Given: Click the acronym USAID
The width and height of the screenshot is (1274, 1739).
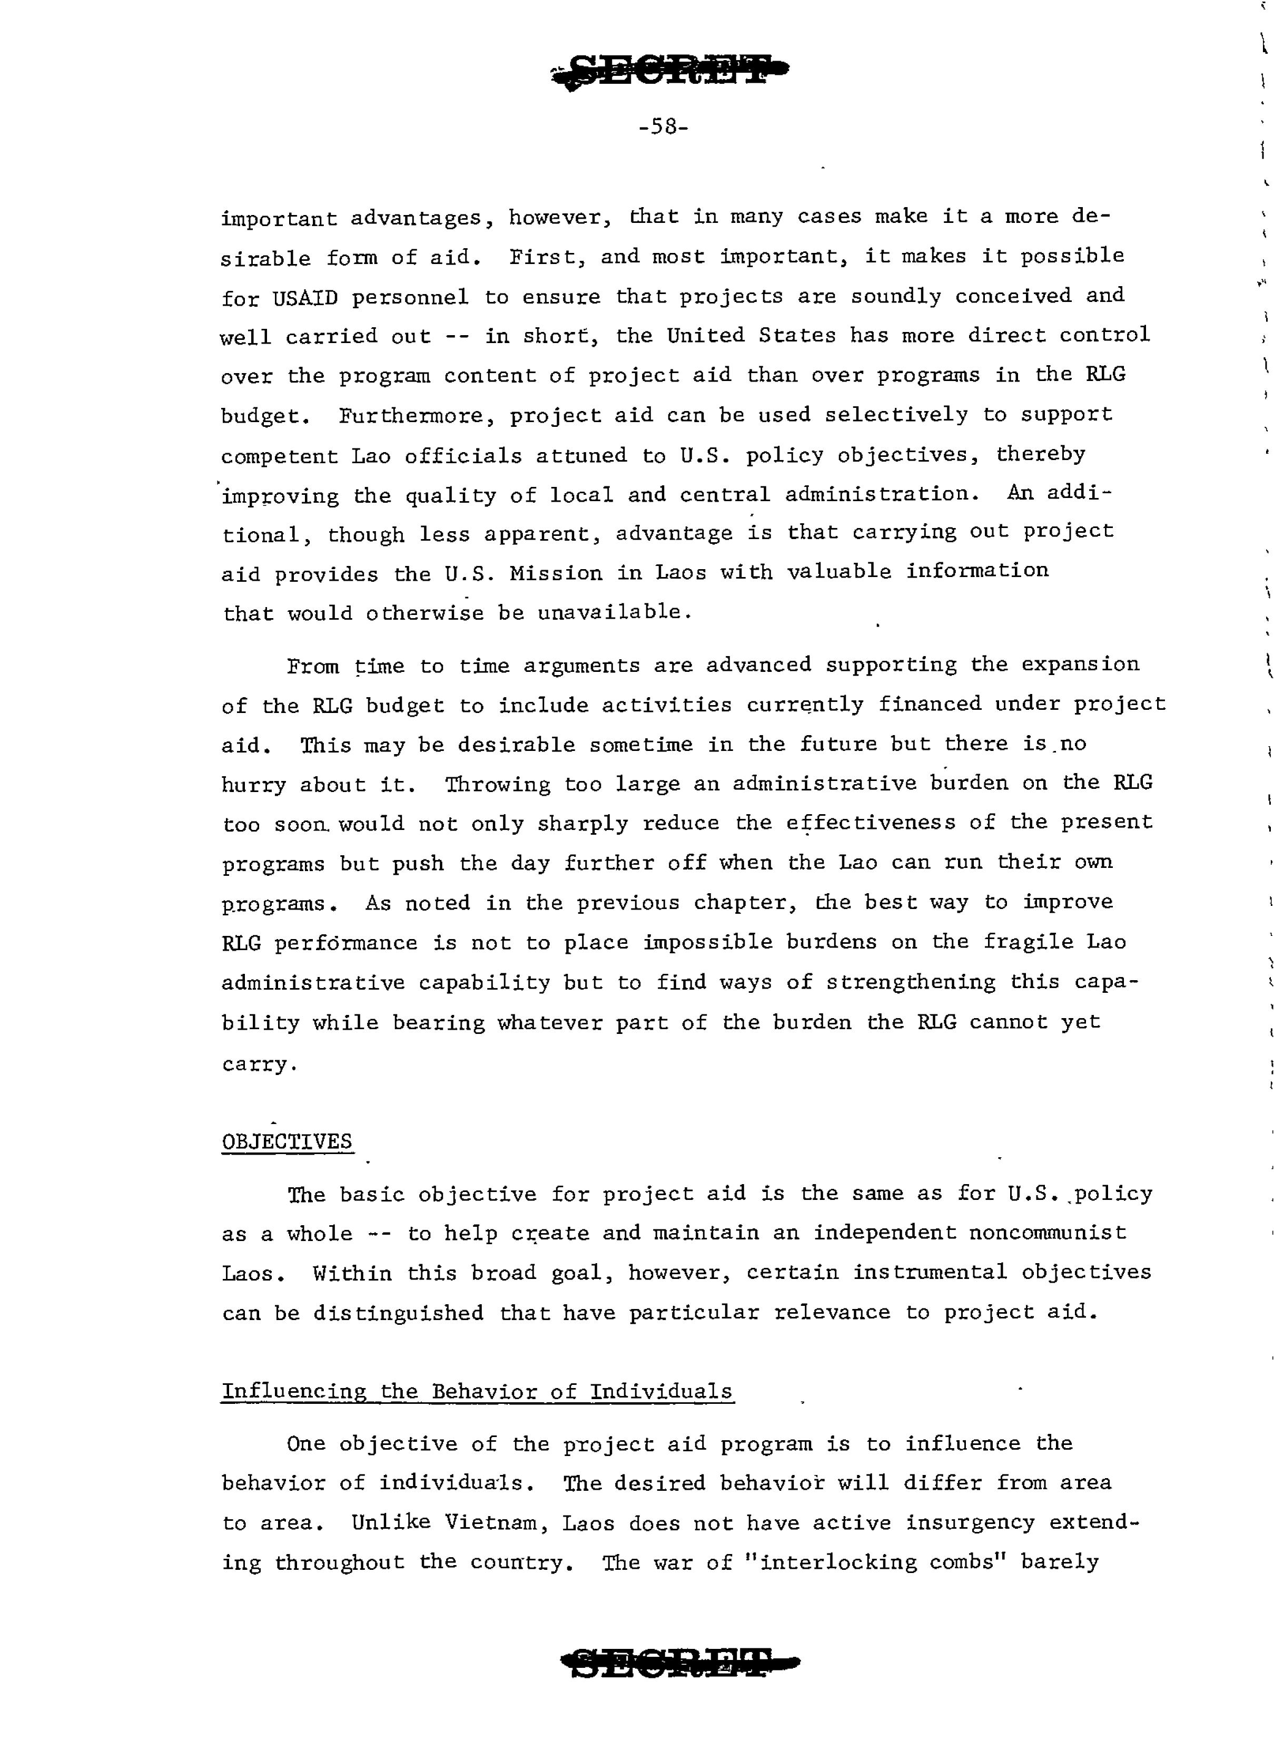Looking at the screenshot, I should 305,297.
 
